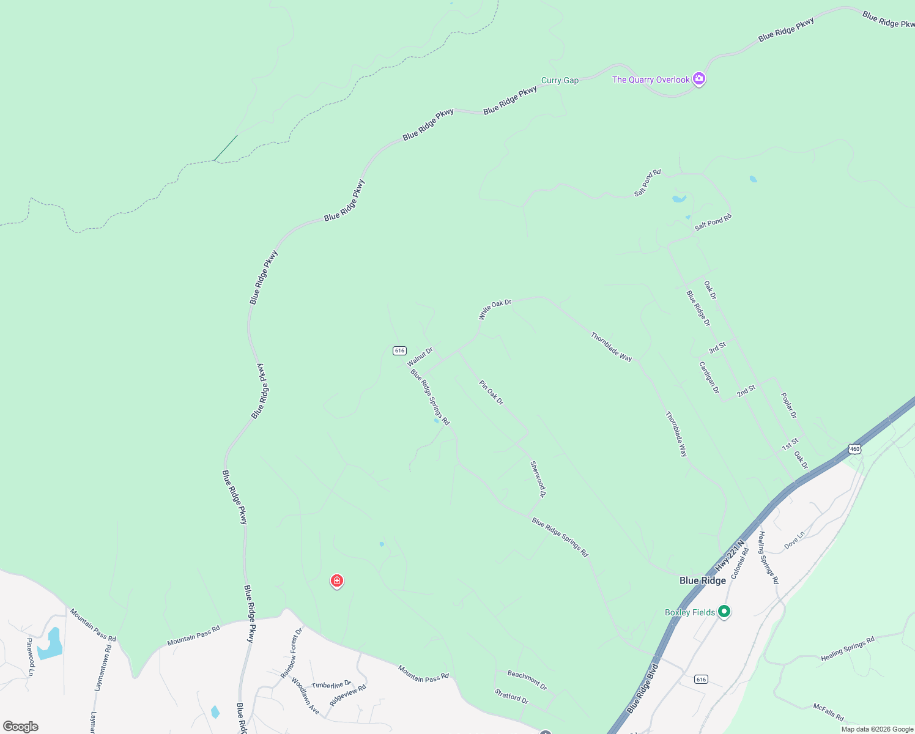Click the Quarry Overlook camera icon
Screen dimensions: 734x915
point(699,79)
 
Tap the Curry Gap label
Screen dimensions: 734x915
point(560,80)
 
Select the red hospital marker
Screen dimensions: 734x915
point(336,580)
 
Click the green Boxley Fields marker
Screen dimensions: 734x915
point(724,611)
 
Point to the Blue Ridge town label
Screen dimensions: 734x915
point(703,580)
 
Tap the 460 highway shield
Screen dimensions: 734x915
point(854,449)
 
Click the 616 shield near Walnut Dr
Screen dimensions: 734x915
point(399,350)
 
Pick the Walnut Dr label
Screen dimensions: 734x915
point(420,357)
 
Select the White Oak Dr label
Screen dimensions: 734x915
point(495,309)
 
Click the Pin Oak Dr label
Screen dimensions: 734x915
point(491,393)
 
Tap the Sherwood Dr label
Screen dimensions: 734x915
point(538,479)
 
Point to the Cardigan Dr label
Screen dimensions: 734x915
point(709,377)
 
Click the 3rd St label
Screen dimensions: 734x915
point(717,347)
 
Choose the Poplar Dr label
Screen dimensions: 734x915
point(789,406)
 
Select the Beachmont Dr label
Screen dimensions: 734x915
point(527,679)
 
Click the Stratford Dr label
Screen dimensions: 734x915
point(511,696)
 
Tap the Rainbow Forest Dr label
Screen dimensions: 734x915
point(292,653)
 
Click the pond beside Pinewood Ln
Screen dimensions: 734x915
point(50,644)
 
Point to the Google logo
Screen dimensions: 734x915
point(21,727)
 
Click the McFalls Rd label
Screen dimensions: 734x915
point(828,712)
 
